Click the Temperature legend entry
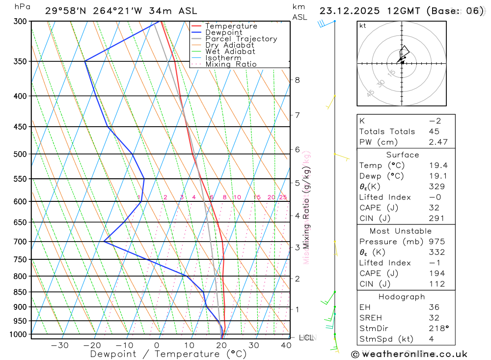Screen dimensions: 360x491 (x=231, y=26)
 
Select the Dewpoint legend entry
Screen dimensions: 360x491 (x=223, y=32)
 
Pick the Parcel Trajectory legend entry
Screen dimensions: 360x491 (x=241, y=39)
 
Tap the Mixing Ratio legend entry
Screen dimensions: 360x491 (x=231, y=64)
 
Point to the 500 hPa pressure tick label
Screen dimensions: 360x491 (x=21, y=154)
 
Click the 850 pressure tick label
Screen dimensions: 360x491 (x=21, y=292)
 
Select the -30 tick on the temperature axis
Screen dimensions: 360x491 (x=59, y=345)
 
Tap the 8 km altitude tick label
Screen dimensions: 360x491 (x=297, y=80)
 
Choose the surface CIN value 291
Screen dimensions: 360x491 (x=436, y=219)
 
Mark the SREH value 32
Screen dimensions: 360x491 (x=434, y=318)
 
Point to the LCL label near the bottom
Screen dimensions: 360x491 (x=306, y=337)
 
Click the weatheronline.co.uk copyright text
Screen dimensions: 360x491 (x=409, y=354)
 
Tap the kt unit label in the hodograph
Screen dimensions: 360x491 (x=363, y=26)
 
